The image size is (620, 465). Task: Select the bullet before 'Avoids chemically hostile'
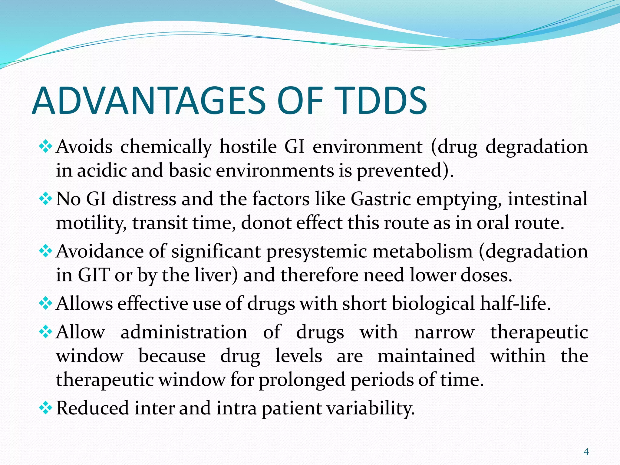(x=46, y=147)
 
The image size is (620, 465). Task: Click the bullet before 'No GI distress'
(x=46, y=199)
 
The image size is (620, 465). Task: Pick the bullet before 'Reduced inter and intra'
(x=46, y=408)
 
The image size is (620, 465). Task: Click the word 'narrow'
(x=444, y=332)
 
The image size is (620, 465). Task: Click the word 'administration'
(x=184, y=332)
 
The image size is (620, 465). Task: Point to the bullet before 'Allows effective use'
(x=46, y=304)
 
